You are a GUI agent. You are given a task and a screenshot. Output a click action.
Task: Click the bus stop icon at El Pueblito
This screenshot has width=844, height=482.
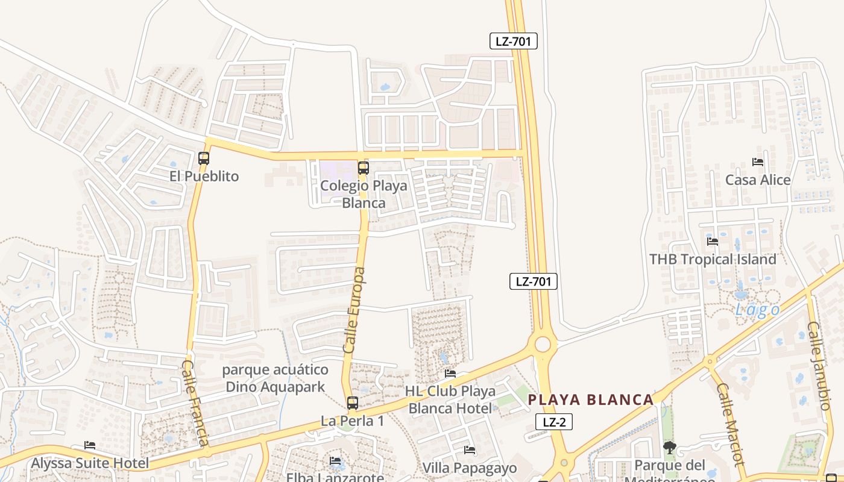pos(204,158)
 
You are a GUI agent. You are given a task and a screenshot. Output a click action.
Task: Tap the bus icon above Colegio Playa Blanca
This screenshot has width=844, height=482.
pos(363,168)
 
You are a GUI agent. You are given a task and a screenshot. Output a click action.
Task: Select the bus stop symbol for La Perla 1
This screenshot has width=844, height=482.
pos(353,403)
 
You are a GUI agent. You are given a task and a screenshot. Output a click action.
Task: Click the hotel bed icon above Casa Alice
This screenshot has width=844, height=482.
pos(758,162)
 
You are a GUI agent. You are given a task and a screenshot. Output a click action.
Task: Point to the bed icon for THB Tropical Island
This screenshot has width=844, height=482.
pos(713,242)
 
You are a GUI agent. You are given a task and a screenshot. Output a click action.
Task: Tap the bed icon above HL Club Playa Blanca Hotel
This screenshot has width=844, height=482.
pos(450,374)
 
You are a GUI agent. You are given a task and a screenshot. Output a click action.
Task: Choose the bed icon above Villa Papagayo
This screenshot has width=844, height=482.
pos(470,450)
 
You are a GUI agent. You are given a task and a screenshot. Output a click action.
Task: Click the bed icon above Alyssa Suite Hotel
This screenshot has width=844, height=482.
pos(90,445)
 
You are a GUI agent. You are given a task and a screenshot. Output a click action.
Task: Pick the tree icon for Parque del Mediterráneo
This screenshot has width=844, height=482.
pos(669,447)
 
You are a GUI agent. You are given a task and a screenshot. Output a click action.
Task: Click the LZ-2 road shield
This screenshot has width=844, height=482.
pos(554,422)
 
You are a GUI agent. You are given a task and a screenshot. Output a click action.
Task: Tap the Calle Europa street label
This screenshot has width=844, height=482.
pos(354,310)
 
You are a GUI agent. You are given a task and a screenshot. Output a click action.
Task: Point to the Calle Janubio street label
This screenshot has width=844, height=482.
pos(819,366)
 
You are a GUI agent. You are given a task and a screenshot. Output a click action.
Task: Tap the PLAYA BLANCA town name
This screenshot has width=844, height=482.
pos(591,400)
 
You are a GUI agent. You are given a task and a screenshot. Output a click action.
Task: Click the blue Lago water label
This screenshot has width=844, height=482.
pos(757,310)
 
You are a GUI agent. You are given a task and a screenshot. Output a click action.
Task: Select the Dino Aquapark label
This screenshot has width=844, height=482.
pos(275,378)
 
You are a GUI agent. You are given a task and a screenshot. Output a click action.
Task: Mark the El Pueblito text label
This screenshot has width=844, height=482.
pos(204,177)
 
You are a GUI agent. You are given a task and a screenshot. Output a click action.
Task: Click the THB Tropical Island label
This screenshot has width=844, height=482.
pos(713,260)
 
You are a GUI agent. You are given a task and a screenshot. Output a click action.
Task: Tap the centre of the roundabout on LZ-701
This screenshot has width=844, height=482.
pos(543,345)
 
